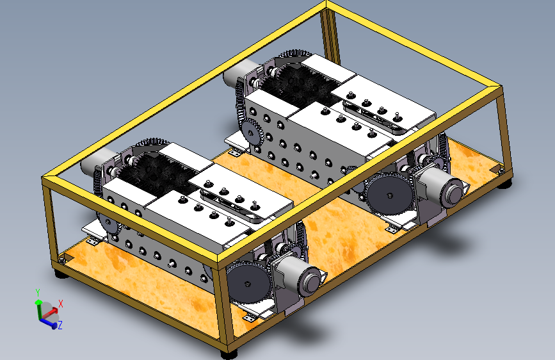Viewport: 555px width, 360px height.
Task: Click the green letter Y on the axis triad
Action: [38, 292]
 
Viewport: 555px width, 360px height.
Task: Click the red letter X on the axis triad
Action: [61, 304]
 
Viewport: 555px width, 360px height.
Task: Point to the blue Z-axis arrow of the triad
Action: [49, 322]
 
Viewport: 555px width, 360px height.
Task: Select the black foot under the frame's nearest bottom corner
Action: [229, 354]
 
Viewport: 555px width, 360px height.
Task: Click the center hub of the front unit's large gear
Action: [248, 284]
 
